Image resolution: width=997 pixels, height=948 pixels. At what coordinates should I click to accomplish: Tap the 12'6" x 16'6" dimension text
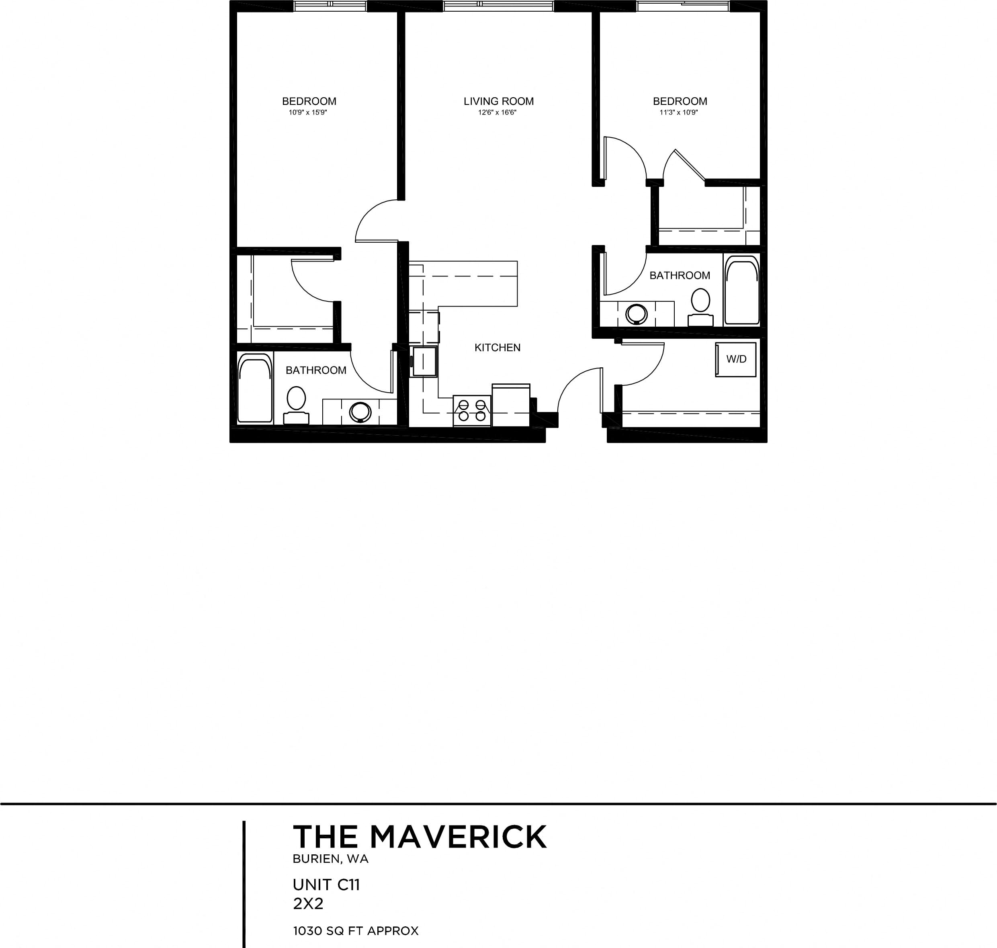pyautogui.click(x=497, y=113)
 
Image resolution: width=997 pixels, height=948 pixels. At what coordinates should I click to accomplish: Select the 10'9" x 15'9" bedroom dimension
pyautogui.click(x=308, y=113)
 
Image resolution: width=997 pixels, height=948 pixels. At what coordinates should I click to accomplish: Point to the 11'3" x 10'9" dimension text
pyautogui.click(x=679, y=113)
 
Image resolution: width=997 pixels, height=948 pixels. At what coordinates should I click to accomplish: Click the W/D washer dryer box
pyautogui.click(x=736, y=359)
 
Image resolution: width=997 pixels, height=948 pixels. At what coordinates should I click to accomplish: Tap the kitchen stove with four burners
pyautogui.click(x=472, y=411)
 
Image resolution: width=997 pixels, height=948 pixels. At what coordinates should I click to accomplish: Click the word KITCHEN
pyautogui.click(x=497, y=348)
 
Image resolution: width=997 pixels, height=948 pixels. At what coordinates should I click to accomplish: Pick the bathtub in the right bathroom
pyautogui.click(x=742, y=290)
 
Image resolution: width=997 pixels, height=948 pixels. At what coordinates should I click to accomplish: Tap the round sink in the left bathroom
pyautogui.click(x=360, y=412)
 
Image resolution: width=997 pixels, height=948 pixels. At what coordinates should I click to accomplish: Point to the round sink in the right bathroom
pyautogui.click(x=636, y=314)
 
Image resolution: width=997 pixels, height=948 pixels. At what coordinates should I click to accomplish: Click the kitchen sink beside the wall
pyautogui.click(x=424, y=361)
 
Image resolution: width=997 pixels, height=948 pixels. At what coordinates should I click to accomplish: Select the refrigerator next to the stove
pyautogui.click(x=511, y=405)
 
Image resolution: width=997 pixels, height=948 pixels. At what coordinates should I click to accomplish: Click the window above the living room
pyautogui.click(x=498, y=6)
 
